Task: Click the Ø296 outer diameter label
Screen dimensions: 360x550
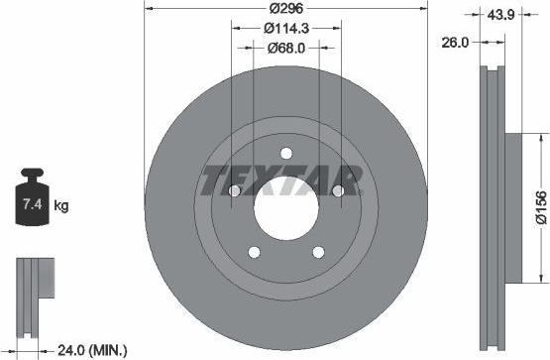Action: point(285,10)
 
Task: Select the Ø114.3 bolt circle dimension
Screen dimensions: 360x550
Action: point(285,28)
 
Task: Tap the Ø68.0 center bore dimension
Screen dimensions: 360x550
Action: point(285,46)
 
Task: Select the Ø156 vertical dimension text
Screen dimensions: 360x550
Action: point(539,207)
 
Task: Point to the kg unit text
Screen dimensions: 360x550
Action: point(60,206)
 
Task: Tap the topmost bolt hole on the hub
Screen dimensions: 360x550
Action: point(285,152)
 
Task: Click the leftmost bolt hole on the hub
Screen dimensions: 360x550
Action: point(234,190)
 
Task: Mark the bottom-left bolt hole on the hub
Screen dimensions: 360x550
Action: point(254,252)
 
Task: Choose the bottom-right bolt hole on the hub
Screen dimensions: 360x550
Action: point(318,252)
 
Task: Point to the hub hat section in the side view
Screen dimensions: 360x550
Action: point(512,207)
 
